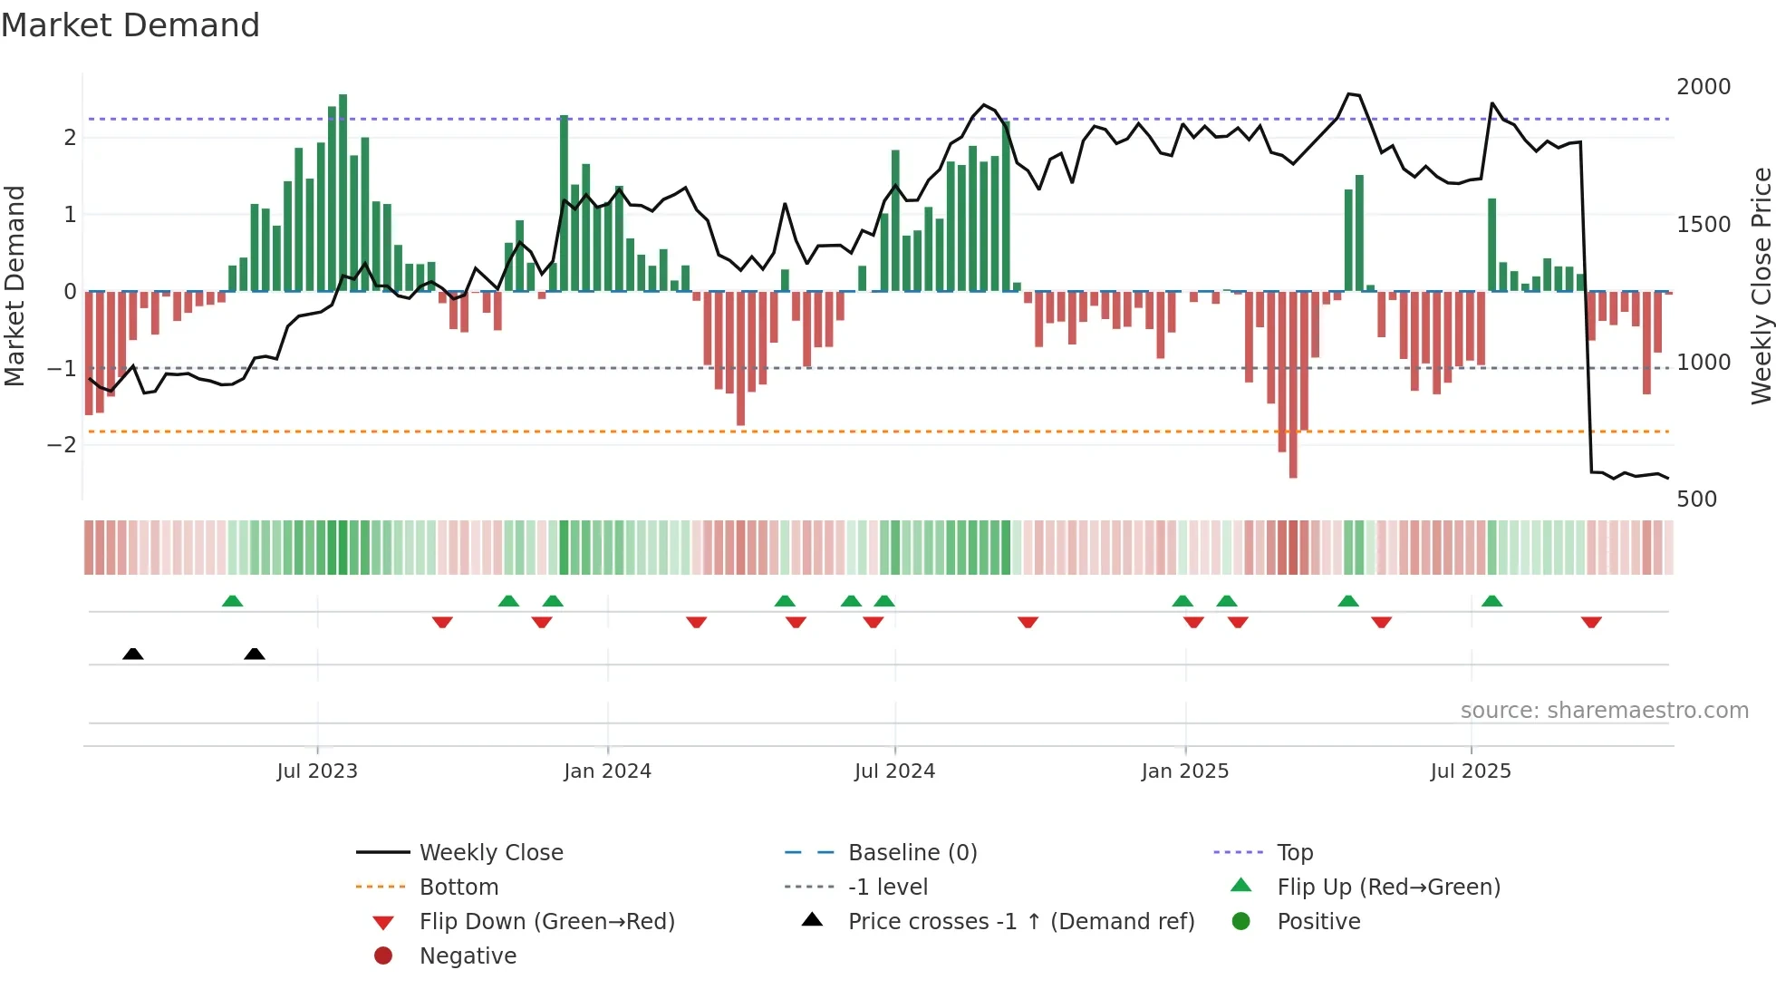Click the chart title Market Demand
[130, 24]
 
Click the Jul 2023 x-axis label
[317, 771]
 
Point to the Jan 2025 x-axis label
[1184, 771]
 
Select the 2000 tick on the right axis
[1703, 86]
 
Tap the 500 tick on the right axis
[1696, 499]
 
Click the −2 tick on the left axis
[62, 444]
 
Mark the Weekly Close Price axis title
[1760, 286]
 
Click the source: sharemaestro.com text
[1604, 710]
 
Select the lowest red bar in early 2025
[1293, 384]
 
